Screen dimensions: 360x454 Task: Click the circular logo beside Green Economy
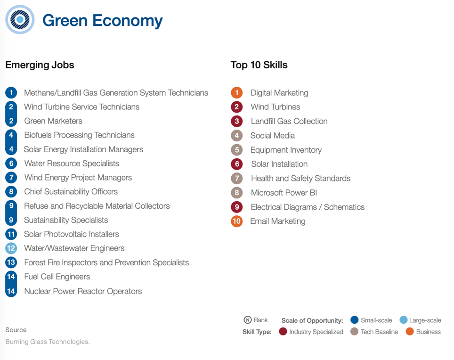(x=20, y=20)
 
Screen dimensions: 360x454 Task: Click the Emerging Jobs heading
(x=40, y=65)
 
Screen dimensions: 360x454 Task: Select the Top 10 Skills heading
(x=259, y=65)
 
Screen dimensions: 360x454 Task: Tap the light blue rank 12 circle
(x=11, y=248)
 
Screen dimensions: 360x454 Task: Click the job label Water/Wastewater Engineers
(x=74, y=248)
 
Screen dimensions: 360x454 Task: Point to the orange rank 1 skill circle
(x=236, y=93)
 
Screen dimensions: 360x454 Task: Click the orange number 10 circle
(x=236, y=221)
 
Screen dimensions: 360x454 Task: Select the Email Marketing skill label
(x=277, y=221)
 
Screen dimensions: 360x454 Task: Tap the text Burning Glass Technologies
(x=48, y=342)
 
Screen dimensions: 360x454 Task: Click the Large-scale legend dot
(x=403, y=320)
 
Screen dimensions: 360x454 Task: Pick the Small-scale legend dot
(x=355, y=320)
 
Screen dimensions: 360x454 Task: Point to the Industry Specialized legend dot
(x=283, y=332)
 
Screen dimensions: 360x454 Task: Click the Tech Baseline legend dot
(x=355, y=332)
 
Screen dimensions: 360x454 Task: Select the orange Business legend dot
(x=409, y=332)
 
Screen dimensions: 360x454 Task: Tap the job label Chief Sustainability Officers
(x=71, y=192)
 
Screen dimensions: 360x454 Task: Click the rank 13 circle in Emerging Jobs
(x=11, y=262)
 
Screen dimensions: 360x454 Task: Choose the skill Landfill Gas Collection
(x=289, y=121)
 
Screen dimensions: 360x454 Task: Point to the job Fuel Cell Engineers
(x=57, y=277)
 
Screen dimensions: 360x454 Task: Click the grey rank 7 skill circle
(x=236, y=179)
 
